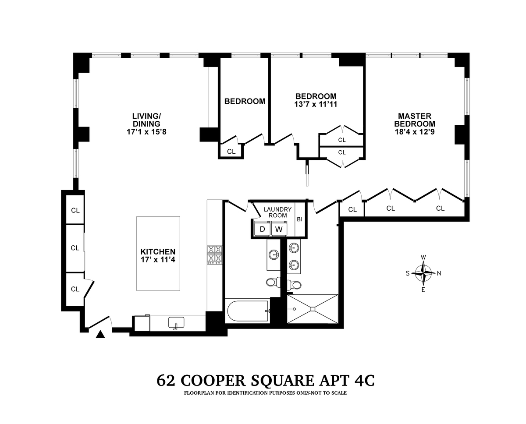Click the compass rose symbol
423,273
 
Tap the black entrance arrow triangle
101,335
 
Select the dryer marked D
262,229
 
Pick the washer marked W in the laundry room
278,229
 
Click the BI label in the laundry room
299,219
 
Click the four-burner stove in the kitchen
215,254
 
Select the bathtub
247,311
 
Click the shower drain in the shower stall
312,309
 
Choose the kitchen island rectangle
158,253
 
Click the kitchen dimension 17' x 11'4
158,259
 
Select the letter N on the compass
439,273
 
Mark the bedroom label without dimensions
245,101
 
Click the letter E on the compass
423,290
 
